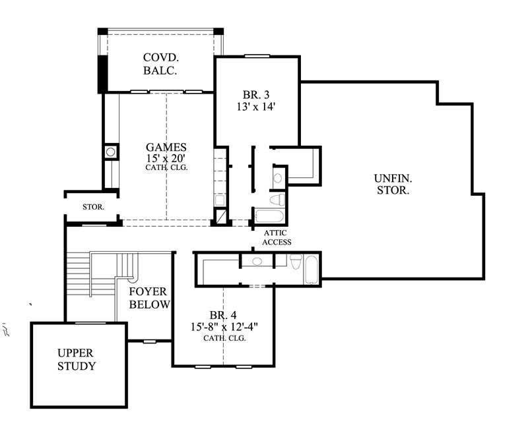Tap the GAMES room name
click(166, 147)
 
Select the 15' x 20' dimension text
click(166, 158)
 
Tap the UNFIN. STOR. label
click(393, 184)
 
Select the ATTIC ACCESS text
click(277, 237)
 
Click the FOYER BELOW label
click(148, 298)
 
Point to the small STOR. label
click(92, 207)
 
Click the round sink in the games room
click(110, 152)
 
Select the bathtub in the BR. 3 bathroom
click(269, 217)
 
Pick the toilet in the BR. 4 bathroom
click(296, 262)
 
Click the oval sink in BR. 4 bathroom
click(257, 262)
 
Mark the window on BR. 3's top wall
click(257, 56)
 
